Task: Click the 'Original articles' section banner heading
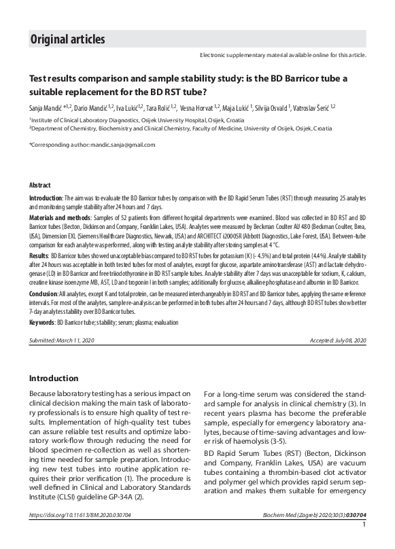pyautogui.click(x=67, y=39)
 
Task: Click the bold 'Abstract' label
pyautogui.click(x=39, y=185)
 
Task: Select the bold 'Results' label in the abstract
pyautogui.click(x=38, y=255)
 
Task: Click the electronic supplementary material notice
pyautogui.click(x=283, y=54)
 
